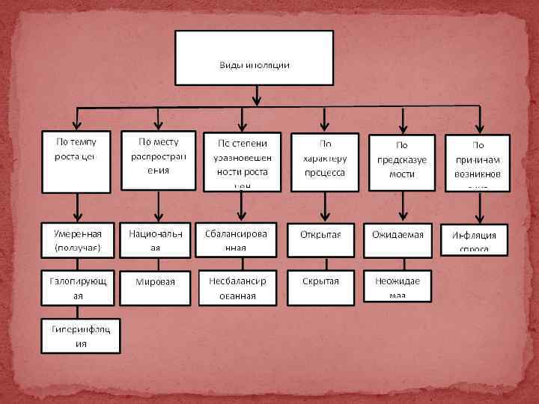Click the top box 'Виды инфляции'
coord(254,58)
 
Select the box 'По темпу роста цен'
coord(76,162)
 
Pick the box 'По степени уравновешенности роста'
coord(242,162)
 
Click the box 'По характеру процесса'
coord(324,162)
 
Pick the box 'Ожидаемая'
coord(398,236)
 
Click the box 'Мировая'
coord(156,284)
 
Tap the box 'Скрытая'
coord(320,283)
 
